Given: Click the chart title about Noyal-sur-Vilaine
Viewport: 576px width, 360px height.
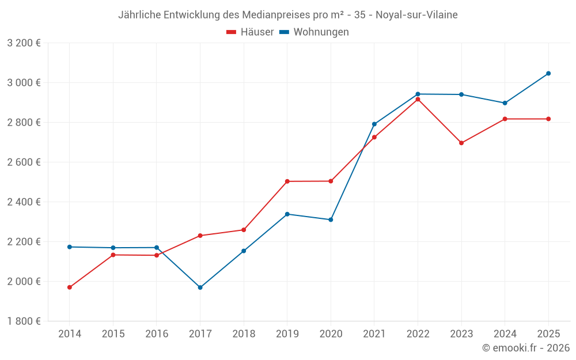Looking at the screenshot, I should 288,15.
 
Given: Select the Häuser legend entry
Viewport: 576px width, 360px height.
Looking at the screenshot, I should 250,32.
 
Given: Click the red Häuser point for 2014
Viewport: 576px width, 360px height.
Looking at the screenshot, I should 70,287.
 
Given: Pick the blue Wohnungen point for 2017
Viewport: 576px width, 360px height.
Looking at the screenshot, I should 200,287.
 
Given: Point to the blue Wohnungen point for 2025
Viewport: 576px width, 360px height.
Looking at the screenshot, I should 548,73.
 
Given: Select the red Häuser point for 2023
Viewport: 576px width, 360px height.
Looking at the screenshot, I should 461,143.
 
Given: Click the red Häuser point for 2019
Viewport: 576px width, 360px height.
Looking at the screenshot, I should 287,181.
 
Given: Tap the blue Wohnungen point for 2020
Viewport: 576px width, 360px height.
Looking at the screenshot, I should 331,219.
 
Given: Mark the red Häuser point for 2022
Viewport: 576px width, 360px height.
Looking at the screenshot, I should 418,99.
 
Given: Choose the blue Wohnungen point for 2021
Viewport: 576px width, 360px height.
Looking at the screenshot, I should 374,124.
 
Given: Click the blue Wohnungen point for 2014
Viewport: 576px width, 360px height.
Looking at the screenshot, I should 70,247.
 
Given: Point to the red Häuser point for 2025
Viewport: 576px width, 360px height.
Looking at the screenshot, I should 548,119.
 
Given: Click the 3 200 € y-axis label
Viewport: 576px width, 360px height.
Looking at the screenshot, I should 24,43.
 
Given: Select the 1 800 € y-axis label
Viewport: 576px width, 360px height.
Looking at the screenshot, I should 24,321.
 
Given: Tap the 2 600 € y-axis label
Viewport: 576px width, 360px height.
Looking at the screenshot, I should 24,162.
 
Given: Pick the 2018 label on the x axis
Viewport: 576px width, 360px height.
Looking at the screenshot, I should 244,334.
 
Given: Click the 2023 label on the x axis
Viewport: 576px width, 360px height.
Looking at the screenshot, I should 461,334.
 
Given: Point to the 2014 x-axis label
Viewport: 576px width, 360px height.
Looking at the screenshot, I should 70,334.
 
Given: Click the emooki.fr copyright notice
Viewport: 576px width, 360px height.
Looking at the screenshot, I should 525,348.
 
